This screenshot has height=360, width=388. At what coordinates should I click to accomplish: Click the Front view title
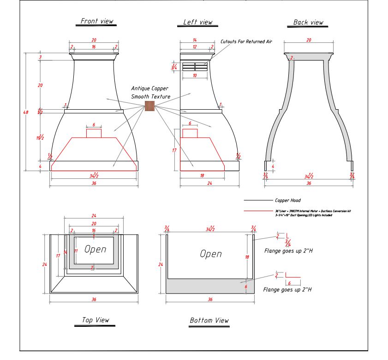pyautogui.click(x=97, y=21)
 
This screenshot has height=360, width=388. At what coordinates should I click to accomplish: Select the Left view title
pyautogui.click(x=198, y=22)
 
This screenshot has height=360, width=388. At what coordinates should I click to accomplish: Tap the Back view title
pyautogui.click(x=309, y=22)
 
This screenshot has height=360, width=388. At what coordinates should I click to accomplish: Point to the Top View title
pyautogui.click(x=96, y=320)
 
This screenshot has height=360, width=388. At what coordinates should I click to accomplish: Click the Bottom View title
pyautogui.click(x=209, y=320)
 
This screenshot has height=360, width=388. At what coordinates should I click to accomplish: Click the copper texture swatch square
pyautogui.click(x=149, y=106)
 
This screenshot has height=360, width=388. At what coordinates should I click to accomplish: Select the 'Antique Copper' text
pyautogui.click(x=149, y=88)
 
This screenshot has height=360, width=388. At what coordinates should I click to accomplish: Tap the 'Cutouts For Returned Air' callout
pyautogui.click(x=246, y=41)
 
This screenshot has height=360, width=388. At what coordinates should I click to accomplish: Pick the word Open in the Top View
pyautogui.click(x=95, y=249)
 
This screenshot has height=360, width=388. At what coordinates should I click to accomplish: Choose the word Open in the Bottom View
pyautogui.click(x=210, y=254)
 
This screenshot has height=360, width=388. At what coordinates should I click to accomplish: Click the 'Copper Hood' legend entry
pyautogui.click(x=288, y=201)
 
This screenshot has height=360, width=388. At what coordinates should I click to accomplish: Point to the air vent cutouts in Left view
pyautogui.click(x=195, y=67)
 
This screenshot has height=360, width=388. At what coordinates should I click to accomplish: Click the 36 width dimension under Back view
pyautogui.click(x=309, y=183)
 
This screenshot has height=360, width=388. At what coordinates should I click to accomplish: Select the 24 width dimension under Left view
pyautogui.click(x=209, y=183)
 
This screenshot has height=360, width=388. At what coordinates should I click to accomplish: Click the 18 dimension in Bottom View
pyautogui.click(x=247, y=257)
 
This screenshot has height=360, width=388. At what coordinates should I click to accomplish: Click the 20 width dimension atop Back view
pyautogui.click(x=309, y=41)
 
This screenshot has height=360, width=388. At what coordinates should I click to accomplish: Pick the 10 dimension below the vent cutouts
pyautogui.click(x=194, y=75)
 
